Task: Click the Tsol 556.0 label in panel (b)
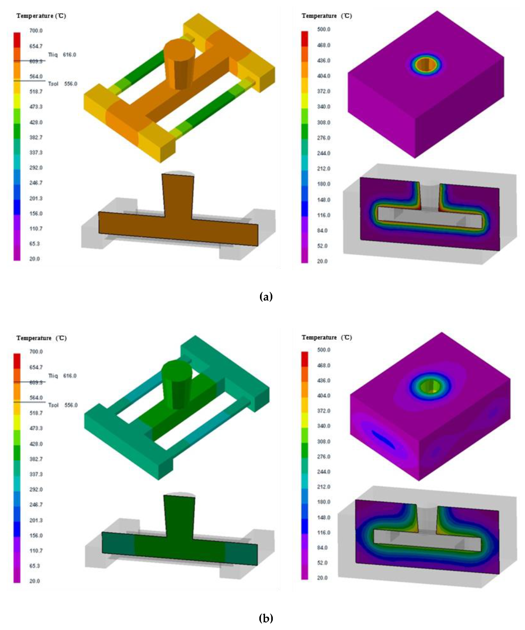click(x=63, y=405)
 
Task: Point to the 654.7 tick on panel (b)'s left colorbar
click(x=36, y=367)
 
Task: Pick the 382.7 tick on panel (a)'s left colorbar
click(x=36, y=137)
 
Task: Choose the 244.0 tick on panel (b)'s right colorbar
click(x=323, y=472)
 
